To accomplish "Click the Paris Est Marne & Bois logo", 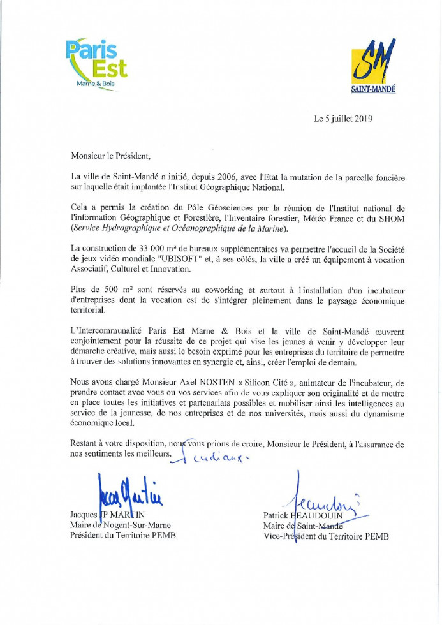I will (x=96, y=64).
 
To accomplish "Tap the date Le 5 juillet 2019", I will (x=343, y=119).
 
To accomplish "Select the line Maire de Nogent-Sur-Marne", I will (x=120, y=525).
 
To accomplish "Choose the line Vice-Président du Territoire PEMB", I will (x=325, y=536).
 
